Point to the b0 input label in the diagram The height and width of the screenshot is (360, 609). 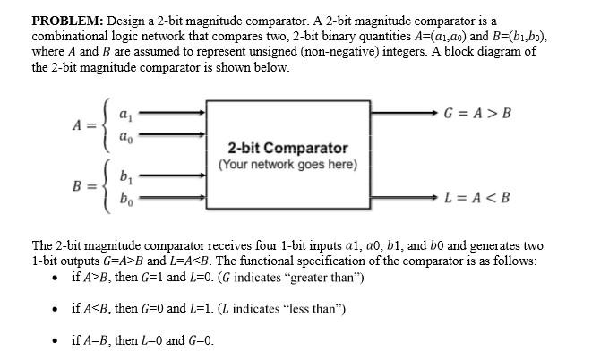tap(126, 198)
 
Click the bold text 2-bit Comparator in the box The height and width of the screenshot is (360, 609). tap(287, 148)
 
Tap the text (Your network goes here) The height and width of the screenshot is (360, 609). tap(287, 165)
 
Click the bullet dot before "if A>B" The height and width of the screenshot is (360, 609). tap(56, 278)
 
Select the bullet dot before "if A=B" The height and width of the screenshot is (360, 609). tap(56, 341)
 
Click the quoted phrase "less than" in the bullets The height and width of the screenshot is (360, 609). tap(308, 309)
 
